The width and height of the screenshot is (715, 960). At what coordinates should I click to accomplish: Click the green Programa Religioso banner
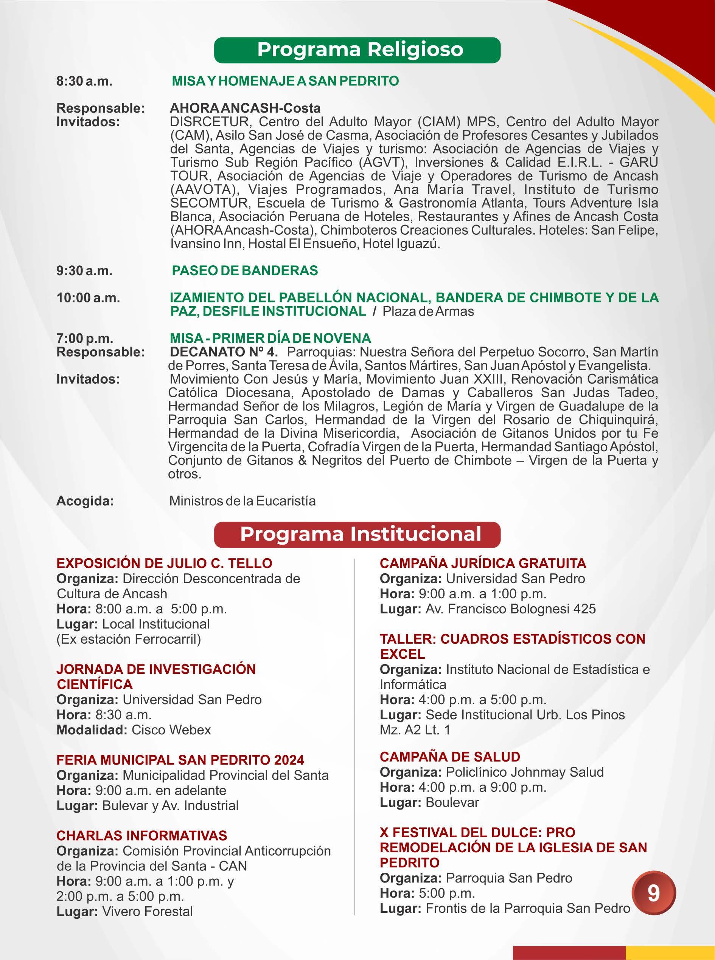point(357,50)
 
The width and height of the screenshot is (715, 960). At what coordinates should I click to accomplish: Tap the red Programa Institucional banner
point(357,534)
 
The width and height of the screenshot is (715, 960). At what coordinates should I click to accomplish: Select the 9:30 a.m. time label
point(84,271)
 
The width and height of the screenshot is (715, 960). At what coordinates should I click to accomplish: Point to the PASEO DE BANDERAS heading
point(245,271)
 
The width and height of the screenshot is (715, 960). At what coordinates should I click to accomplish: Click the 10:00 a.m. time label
point(88,298)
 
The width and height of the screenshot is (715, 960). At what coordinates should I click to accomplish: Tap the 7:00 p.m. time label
point(85,338)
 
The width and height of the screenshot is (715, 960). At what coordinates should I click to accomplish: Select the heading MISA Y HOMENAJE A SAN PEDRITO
point(285,81)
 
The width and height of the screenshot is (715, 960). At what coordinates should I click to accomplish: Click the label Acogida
point(85,501)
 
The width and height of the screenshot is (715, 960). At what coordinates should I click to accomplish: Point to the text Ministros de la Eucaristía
point(242,501)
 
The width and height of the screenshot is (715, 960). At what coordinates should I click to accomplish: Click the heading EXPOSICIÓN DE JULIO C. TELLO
point(165,563)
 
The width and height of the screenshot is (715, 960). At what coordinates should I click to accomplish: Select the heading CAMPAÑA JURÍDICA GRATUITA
point(483,563)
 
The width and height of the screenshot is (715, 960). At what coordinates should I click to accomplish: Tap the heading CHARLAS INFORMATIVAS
point(142,835)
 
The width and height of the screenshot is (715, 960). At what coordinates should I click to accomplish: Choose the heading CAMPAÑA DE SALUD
point(450,757)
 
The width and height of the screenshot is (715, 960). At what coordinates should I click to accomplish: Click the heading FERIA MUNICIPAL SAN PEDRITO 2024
point(180,760)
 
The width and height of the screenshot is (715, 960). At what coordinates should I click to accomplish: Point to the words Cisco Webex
point(171,730)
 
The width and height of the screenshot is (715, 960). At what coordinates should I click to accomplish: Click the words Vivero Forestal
point(148,912)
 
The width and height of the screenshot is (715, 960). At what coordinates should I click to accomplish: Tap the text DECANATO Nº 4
point(224,352)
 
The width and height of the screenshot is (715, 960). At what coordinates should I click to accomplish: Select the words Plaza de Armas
point(428,311)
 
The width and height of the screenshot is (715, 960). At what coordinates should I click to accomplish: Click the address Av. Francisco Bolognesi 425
point(511,609)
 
